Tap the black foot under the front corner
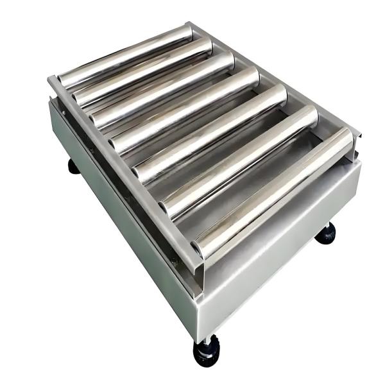click(x=206, y=350)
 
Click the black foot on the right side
click(x=327, y=232)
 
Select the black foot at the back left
click(x=73, y=167)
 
